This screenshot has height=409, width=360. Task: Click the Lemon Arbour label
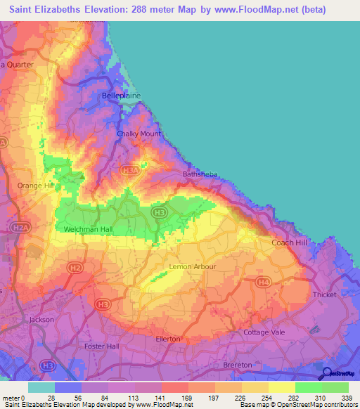pyautogui.click(x=193, y=267)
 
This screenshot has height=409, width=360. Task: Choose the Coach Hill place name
pyautogui.click(x=290, y=242)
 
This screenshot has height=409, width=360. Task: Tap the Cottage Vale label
pyautogui.click(x=262, y=332)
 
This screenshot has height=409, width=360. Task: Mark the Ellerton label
pyautogui.click(x=168, y=339)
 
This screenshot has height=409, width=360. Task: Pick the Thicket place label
pyautogui.click(x=326, y=295)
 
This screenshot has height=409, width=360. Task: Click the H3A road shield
pyautogui.click(x=130, y=170)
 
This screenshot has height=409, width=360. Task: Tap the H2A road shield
pyautogui.click(x=21, y=228)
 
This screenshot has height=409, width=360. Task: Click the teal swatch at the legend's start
pyautogui.click(x=41, y=387)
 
